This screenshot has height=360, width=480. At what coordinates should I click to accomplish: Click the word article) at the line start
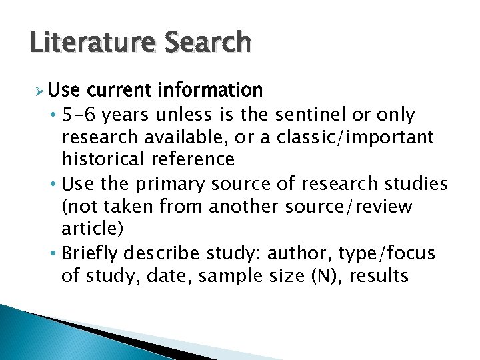[x=92, y=229]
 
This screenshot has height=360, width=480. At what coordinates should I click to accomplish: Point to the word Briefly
[x=90, y=254]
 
